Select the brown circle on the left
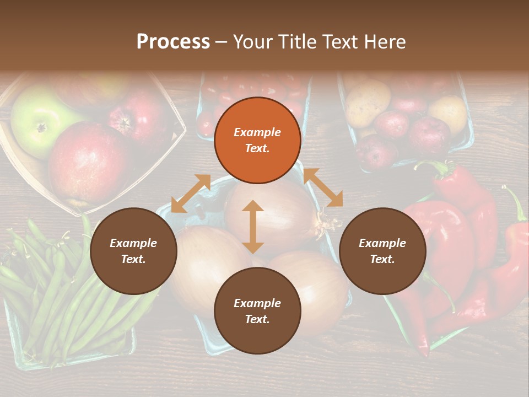pos(133,251)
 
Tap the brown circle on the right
pos(382,251)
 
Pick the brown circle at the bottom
pos(257,311)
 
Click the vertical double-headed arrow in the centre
pos(253,227)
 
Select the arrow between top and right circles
pos(323,188)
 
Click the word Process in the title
pos(173,41)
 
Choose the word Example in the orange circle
pos(257,132)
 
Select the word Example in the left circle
pos(133,243)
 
